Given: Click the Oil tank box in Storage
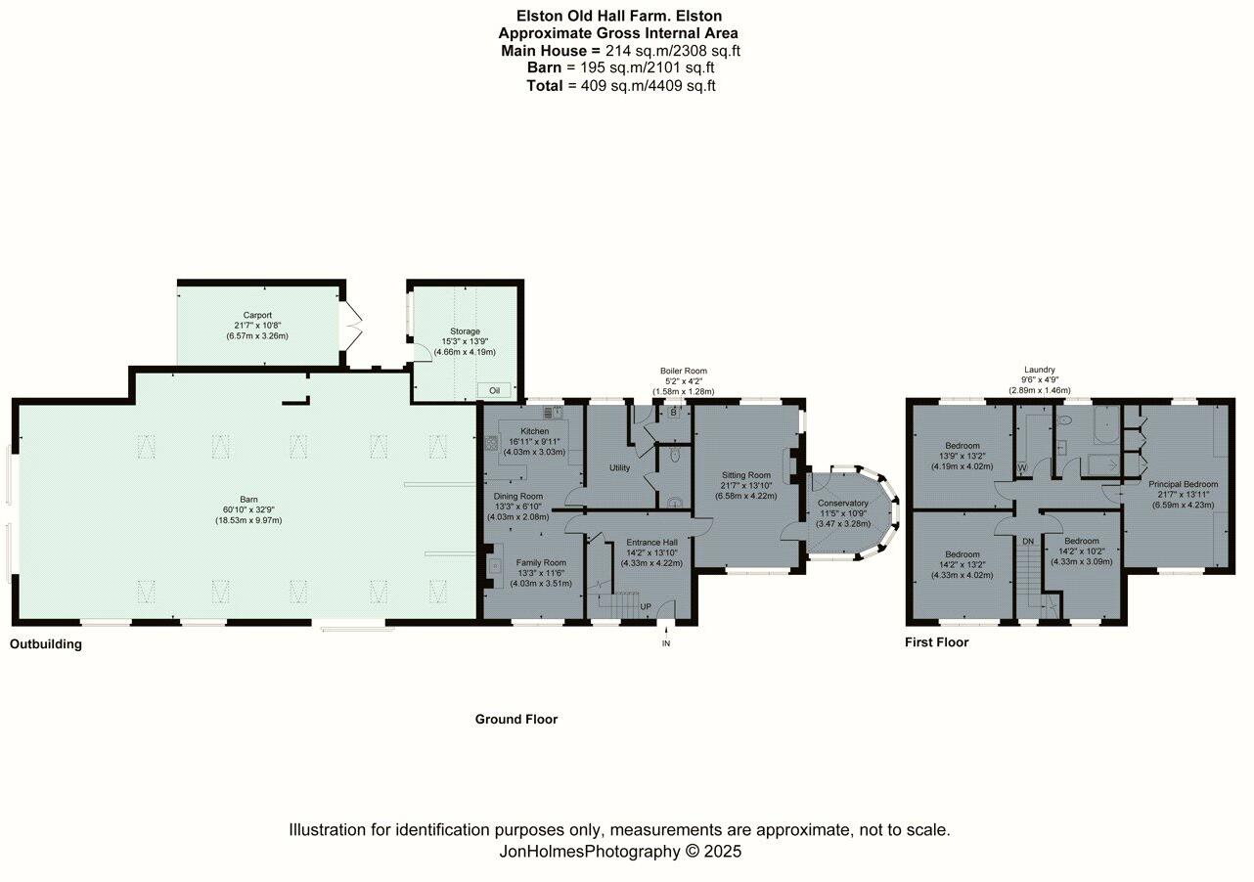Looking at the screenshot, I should [494, 390].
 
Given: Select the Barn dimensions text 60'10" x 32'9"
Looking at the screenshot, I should [248, 509].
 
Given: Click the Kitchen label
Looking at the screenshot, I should [534, 431].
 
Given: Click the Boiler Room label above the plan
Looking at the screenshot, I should [683, 372].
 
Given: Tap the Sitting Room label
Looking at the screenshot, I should [747, 474].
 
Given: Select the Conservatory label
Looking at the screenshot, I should [843, 503].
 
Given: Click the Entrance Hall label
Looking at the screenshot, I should [650, 543].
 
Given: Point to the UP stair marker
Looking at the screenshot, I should [646, 606].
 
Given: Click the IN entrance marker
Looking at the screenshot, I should [666, 643].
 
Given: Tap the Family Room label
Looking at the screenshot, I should [541, 563].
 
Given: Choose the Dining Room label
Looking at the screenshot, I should [517, 496].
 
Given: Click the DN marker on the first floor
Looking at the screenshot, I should [1028, 541].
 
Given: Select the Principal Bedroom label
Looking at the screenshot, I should [1183, 484].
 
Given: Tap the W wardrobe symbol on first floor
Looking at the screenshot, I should [1022, 466].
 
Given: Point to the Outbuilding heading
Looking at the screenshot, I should [46, 644].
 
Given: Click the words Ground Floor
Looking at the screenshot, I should [516, 720].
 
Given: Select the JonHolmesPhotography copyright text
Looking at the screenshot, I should [620, 852].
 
